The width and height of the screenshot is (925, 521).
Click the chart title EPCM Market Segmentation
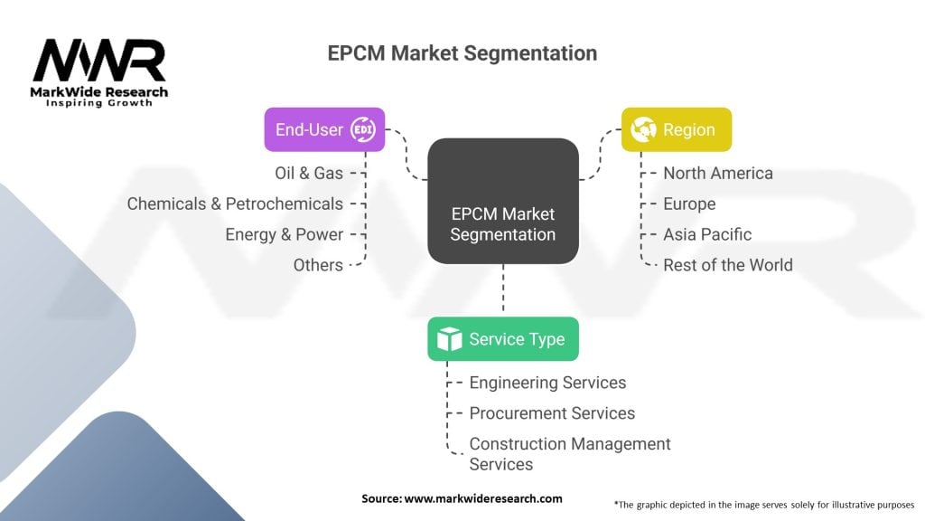pyautogui.click(x=462, y=53)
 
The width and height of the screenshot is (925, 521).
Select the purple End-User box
pyautogui.click(x=324, y=129)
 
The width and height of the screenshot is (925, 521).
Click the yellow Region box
pyautogui.click(x=676, y=129)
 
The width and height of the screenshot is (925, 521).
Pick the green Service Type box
pyautogui.click(x=502, y=339)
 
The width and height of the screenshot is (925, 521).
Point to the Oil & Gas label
pyautogui.click(x=309, y=173)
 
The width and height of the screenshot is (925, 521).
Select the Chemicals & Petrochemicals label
pyautogui.click(x=235, y=204)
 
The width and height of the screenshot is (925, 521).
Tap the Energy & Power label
pyautogui.click(x=284, y=234)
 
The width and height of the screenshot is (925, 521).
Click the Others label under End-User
pyautogui.click(x=318, y=265)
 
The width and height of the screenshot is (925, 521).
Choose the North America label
pyautogui.click(x=717, y=173)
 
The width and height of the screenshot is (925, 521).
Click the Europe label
pyautogui.click(x=688, y=204)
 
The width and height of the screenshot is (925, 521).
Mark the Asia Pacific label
pyautogui.click(x=706, y=234)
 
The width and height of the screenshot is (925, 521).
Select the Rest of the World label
pyautogui.click(x=727, y=265)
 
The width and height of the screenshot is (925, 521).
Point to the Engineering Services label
pyautogui.click(x=547, y=383)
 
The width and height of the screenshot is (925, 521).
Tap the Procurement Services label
pyautogui.click(x=552, y=413)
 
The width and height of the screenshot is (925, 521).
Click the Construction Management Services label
pyautogui.click(x=569, y=454)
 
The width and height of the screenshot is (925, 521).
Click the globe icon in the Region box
pyautogui.click(x=644, y=129)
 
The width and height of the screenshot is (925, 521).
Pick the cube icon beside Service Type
pyautogui.click(x=449, y=339)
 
